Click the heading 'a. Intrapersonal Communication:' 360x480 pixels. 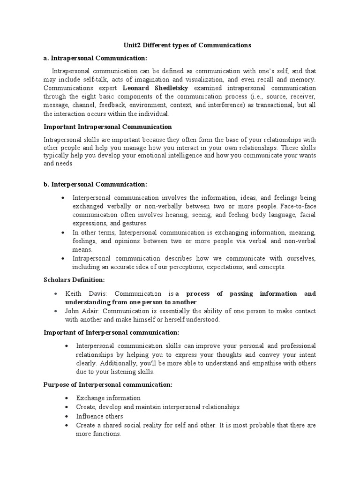pos(95,58)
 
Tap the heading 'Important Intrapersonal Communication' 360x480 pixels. pos(108,127)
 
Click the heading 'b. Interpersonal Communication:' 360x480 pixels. pos(95,185)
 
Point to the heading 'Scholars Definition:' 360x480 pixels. pos(74,280)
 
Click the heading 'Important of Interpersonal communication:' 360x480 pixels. pos(112,332)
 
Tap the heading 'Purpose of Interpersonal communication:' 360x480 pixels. pos(108,385)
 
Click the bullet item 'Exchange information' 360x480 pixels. pos(108,398)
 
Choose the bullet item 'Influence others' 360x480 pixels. pos(100,416)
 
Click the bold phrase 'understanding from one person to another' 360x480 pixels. pos(134,302)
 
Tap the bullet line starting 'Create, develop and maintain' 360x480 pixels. pos(158,407)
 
